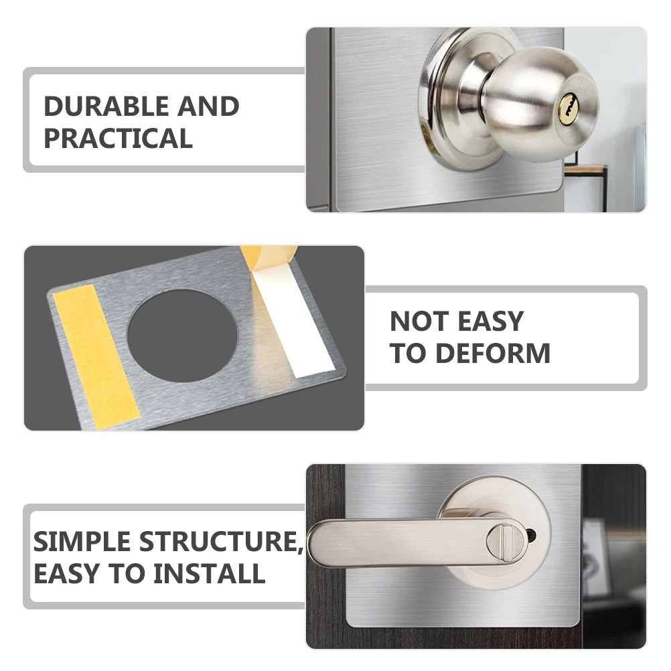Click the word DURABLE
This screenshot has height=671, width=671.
click(104, 106)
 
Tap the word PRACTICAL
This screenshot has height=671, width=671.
click(118, 139)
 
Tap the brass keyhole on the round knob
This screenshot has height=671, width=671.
click(567, 107)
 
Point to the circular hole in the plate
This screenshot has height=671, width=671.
click(182, 335)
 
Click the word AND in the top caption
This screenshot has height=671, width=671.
click(208, 106)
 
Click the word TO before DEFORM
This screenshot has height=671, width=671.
click(404, 353)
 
